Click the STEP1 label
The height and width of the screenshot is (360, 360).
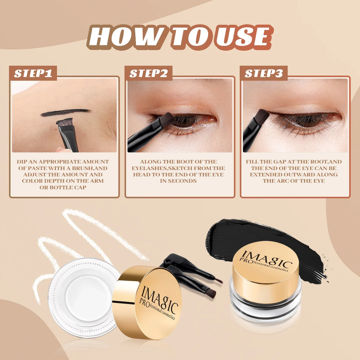pyautogui.click(x=33, y=73)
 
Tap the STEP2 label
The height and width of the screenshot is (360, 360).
pyautogui.click(x=148, y=73)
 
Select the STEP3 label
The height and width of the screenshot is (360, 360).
pyautogui.click(x=264, y=73)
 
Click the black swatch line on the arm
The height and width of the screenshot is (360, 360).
pyautogui.click(x=65, y=112)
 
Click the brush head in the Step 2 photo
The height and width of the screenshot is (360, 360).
pyautogui.click(x=167, y=120)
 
